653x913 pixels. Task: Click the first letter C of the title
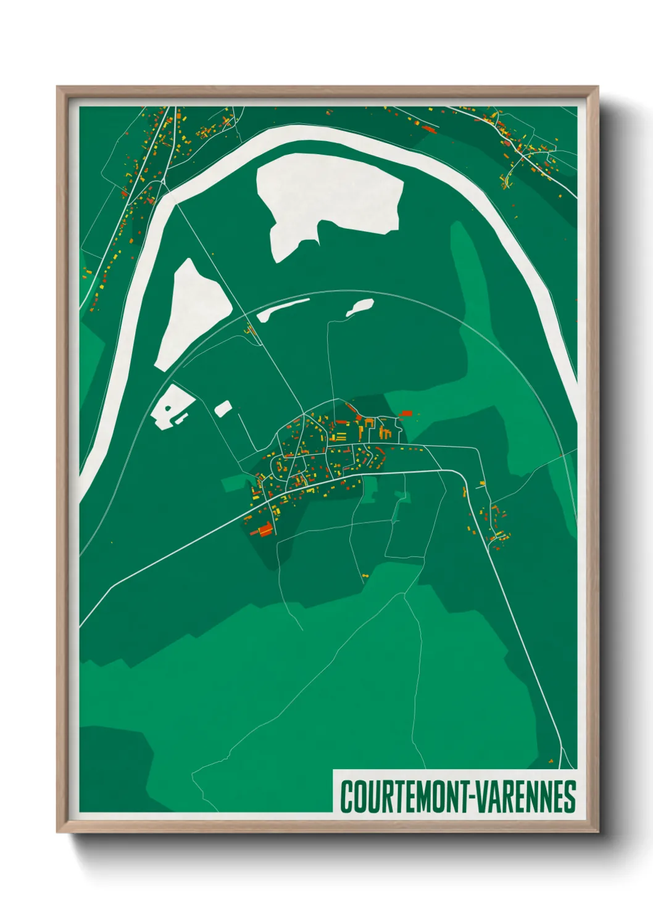coord(346,796)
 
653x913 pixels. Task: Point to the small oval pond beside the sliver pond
coord(360,307)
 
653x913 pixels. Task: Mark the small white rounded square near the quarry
coord(223,408)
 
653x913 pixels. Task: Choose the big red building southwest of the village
coord(264,529)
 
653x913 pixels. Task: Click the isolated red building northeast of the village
coord(406,413)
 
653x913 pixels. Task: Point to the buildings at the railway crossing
coord(251,331)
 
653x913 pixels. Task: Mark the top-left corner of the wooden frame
coord(59,88)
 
